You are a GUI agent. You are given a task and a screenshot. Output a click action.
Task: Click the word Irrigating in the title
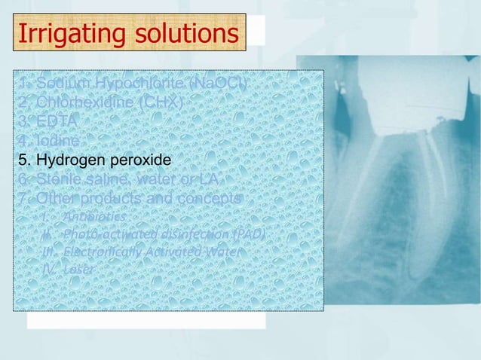pyautogui.click(x=61, y=34)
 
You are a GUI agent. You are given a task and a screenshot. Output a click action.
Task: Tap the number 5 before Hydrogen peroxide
pyautogui.click(x=23, y=160)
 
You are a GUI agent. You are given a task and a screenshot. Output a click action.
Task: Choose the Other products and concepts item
pyautogui.click(x=129, y=199)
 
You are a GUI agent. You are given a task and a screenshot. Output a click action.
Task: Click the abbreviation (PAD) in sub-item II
pyautogui.click(x=249, y=234)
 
